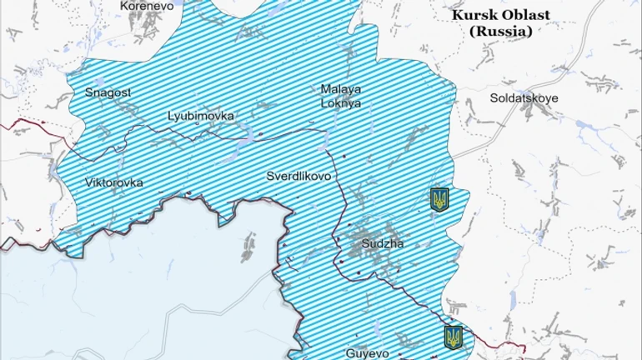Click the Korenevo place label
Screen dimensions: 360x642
click(147, 5)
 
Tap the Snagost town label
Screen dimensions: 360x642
click(108, 92)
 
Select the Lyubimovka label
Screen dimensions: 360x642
click(201, 116)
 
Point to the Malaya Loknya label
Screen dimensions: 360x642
click(341, 96)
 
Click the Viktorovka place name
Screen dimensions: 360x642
click(114, 182)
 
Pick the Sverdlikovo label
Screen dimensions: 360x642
click(298, 177)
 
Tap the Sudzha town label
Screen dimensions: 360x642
click(383, 244)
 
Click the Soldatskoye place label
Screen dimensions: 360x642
click(524, 97)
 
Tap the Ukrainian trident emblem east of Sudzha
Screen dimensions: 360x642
click(439, 199)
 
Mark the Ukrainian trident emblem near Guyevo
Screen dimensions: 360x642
click(454, 337)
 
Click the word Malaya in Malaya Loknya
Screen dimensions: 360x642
click(341, 88)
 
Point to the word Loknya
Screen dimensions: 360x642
click(341, 103)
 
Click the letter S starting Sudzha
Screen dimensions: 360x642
click(366, 244)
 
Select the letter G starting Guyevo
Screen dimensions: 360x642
click(349, 352)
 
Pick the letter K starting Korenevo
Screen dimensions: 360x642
click(124, 5)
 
